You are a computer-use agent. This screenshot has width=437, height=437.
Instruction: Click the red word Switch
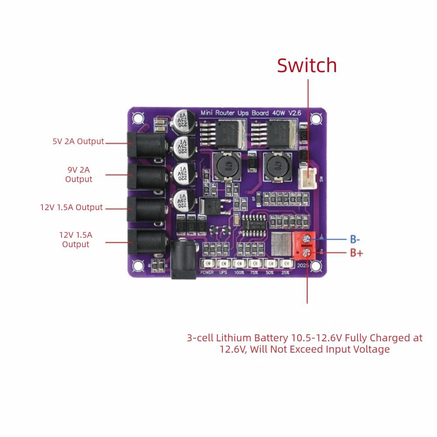click(307, 66)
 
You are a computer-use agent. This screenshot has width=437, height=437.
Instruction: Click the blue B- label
click(354, 239)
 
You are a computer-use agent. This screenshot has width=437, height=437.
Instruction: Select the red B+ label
click(357, 253)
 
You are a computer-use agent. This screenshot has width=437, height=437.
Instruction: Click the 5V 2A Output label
click(78, 141)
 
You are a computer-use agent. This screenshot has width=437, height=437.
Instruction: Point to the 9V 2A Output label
click(79, 174)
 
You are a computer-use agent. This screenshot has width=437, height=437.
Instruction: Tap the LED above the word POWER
click(207, 264)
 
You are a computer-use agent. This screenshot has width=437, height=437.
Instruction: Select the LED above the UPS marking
click(223, 264)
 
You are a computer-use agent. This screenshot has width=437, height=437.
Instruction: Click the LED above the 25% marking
click(286, 264)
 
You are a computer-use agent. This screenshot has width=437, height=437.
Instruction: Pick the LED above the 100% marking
click(239, 264)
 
